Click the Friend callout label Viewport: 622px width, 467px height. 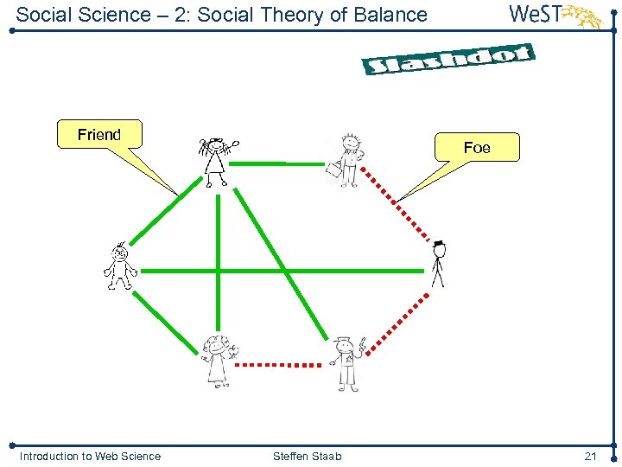pos(99,135)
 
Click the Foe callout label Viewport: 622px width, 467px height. pos(477,148)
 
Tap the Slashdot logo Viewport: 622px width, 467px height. pos(447,60)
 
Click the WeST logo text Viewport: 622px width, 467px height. pos(535,15)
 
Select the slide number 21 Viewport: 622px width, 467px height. pos(591,456)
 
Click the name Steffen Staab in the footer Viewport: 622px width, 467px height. pos(307,456)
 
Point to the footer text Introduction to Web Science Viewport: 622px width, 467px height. pos(90,456)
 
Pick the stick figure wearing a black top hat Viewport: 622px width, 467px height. pos(438,263)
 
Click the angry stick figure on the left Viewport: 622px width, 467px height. pos(119,266)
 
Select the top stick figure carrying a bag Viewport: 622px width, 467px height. pos(347,161)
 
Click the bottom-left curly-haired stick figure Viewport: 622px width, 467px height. pos(215,359)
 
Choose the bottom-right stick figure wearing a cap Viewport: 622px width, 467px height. pos(346,361)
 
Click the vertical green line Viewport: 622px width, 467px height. pos(219,259)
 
